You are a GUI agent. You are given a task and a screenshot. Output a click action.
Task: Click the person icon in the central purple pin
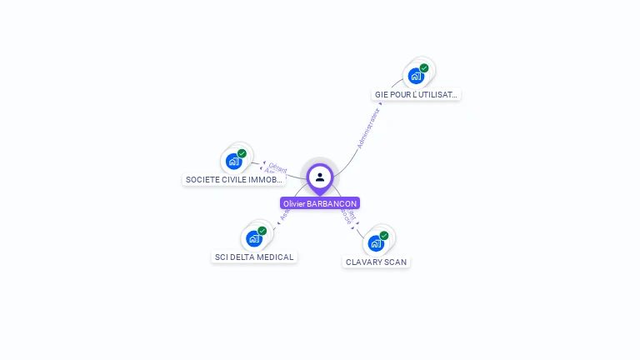pos(320,177)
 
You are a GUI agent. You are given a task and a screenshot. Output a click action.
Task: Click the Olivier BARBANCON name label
pos(320,203)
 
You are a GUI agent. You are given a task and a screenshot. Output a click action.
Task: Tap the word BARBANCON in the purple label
pos(332,203)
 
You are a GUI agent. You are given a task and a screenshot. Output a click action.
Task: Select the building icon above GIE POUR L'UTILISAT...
pos(415,77)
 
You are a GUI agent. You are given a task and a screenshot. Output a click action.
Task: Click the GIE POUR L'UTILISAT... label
pos(416,95)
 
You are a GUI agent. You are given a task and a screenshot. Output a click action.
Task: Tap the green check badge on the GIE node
pos(424,68)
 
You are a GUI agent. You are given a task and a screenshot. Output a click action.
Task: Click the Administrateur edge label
pos(368,128)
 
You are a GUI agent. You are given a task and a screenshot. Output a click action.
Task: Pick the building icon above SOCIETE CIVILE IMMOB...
pos(233,162)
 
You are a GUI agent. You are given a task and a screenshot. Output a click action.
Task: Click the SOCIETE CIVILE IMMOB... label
pos(234,179)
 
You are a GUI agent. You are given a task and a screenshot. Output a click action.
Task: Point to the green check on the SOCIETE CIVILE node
pos(242,153)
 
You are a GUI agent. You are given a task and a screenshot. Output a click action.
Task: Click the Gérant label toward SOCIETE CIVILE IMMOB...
pos(277,166)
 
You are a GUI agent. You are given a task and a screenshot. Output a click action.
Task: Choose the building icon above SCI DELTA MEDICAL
pos(253,239)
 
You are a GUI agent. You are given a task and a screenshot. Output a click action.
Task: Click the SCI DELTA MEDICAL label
pos(254,257)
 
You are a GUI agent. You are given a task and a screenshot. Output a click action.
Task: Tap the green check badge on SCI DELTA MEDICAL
pos(262,231)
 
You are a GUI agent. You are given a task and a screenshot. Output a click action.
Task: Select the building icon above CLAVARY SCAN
pos(376,244)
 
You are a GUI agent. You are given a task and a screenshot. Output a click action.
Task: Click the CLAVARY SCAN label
pos(377,262)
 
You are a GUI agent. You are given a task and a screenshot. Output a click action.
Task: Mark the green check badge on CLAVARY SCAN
pos(384,236)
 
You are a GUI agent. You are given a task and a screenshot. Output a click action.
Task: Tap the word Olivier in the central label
pos(294,203)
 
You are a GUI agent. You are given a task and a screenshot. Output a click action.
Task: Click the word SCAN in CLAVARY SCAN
pos(396,262)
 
